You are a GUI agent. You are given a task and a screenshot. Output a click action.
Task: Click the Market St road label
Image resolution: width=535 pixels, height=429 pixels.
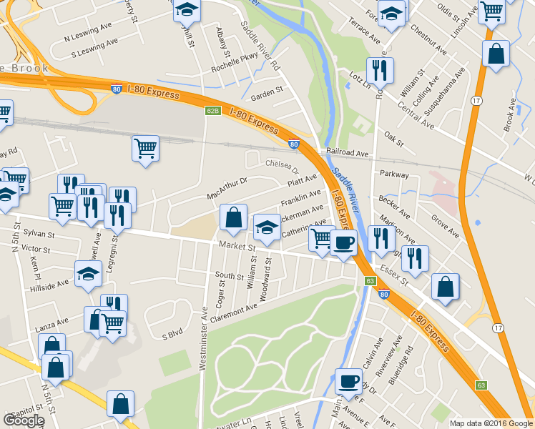point(237,247)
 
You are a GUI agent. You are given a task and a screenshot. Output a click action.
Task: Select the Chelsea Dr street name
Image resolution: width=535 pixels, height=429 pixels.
point(282,166)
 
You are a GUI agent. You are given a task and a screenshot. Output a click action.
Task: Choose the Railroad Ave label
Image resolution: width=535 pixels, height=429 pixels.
point(348,153)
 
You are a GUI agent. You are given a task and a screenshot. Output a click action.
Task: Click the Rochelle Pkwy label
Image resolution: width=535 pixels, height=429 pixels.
point(233,69)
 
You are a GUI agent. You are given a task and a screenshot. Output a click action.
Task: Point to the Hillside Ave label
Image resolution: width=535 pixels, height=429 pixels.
point(53,282)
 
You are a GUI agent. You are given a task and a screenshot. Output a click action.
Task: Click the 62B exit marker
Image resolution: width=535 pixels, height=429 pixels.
point(212,111)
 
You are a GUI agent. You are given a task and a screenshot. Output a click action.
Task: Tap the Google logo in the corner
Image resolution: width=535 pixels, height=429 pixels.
point(24,420)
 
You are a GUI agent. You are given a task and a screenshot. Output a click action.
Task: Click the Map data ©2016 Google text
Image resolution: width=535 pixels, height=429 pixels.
point(491,423)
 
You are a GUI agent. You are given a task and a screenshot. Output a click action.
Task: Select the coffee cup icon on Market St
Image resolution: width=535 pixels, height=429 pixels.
point(344,242)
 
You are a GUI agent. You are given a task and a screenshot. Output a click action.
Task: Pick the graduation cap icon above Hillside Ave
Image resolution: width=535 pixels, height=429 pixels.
point(88,272)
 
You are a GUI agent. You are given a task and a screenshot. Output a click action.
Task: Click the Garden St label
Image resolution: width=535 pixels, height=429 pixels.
point(267,91)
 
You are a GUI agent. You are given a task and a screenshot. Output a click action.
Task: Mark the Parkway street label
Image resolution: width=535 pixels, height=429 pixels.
point(394,174)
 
